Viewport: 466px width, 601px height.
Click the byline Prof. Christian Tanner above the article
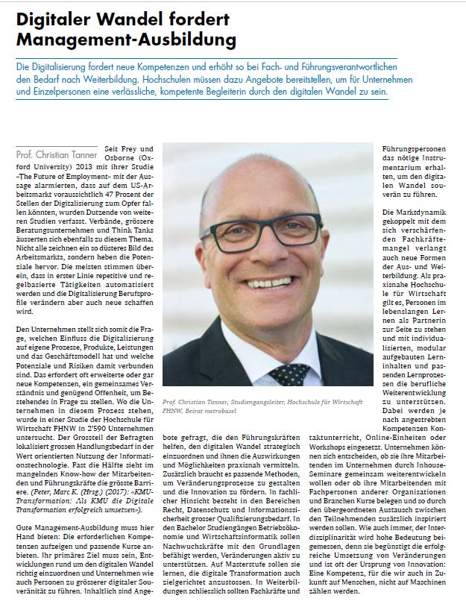click(57, 155)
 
